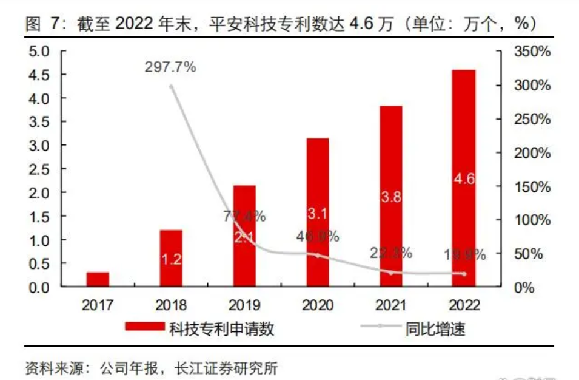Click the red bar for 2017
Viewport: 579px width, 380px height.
pos(98,279)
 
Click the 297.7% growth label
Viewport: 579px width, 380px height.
pos(170,67)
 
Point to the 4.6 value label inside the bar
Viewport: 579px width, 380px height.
pos(464,178)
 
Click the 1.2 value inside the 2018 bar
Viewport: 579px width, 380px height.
pos(171,259)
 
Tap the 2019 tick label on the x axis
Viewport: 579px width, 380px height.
pos(244,304)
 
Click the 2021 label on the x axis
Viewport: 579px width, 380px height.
pos(390,304)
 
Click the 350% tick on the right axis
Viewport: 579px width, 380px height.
pos(531,52)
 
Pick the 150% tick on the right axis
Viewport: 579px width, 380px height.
pos(531,186)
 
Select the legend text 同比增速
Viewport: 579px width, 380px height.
pos(435,329)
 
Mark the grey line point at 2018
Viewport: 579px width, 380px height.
pos(171,86)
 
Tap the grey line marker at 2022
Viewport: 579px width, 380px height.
pos(464,274)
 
